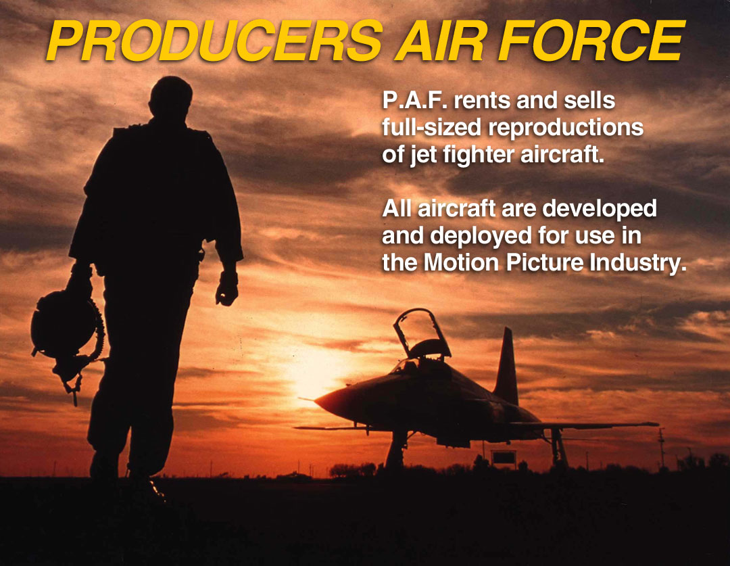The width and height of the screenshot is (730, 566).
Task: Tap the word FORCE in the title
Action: point(591,41)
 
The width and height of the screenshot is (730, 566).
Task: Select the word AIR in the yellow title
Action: point(441,41)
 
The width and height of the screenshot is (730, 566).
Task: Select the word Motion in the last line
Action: point(462,263)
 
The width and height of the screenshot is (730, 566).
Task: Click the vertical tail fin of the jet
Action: point(507,366)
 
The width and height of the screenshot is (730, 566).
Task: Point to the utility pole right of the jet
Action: point(661,447)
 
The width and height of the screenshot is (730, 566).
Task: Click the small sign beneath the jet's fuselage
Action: point(504,457)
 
